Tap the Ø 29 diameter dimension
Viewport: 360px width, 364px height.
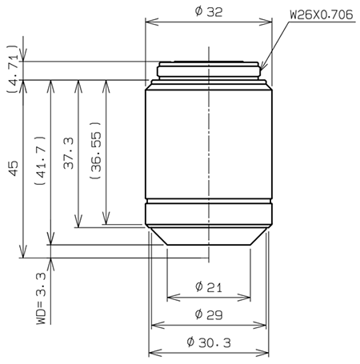[x=208, y=315]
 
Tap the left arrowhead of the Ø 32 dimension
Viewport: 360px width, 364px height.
[x=148, y=22]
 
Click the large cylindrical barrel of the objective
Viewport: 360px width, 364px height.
[x=208, y=144]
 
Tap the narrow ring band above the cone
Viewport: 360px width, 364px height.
[x=208, y=214]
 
